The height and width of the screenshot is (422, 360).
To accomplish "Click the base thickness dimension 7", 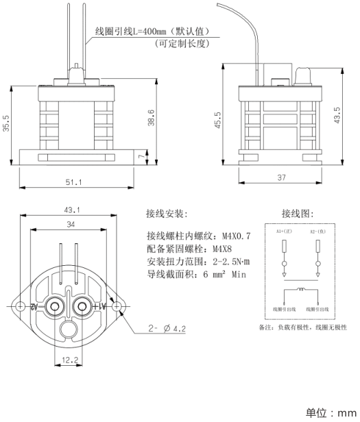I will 141,158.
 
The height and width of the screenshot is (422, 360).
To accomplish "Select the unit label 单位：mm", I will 330,413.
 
